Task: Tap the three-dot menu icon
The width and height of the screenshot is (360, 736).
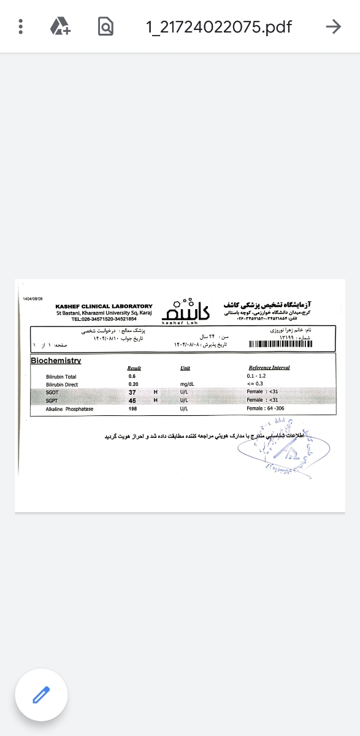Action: point(21,26)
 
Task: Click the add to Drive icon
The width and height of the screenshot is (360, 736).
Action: point(60,26)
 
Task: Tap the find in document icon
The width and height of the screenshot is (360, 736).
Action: point(105,26)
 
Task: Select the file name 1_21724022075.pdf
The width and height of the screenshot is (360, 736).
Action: point(218,27)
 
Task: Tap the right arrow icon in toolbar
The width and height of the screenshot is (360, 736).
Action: point(333,26)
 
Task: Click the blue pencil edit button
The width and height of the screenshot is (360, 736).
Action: point(41,696)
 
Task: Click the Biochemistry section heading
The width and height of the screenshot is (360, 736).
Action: point(56,361)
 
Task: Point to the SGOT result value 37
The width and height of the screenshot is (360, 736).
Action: point(132,392)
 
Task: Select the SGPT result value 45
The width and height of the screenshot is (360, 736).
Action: point(132,401)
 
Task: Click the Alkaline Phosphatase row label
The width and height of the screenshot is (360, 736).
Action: point(69,408)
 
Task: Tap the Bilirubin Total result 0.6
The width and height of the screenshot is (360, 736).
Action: point(132,376)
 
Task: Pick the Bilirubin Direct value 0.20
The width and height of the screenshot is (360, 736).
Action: point(133,385)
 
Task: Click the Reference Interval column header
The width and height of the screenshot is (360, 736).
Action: point(269,368)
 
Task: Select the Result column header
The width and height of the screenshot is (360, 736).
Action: point(134,368)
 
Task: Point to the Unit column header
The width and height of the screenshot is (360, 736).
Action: point(185,368)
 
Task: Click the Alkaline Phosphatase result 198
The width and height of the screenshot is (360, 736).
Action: point(132,408)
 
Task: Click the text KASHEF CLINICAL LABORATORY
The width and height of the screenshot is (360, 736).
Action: point(104,306)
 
